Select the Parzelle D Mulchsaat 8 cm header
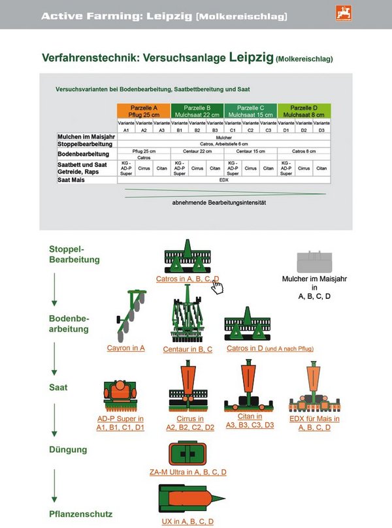304,111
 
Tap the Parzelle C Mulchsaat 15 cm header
250,111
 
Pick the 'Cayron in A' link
126,349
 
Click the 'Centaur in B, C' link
188,350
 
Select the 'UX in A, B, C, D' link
188,521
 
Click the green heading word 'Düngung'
68,450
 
